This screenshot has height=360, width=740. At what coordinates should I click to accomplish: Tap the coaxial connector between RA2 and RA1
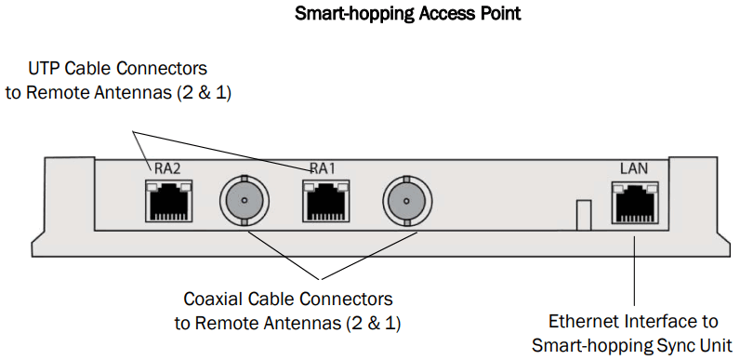[244, 199]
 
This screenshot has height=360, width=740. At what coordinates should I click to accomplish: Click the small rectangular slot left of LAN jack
[582, 214]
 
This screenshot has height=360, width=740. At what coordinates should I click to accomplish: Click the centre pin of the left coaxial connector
[244, 199]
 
